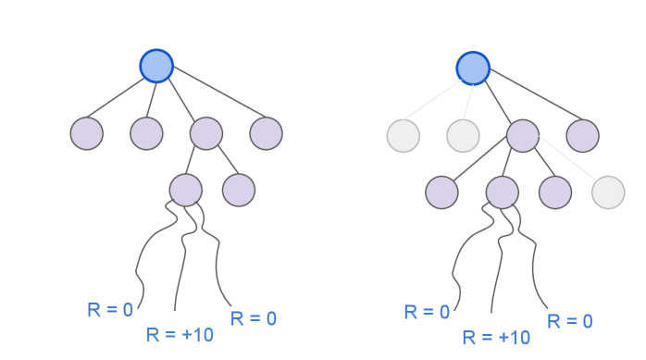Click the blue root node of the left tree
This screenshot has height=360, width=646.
pos(156,66)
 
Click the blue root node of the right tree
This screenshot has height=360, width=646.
pos(472,68)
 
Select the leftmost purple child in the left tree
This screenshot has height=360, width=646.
pos(87,133)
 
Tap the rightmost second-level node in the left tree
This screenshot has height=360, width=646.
pos(266,133)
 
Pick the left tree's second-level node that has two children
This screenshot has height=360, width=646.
pos(205,133)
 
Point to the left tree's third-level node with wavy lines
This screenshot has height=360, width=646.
pos(185,190)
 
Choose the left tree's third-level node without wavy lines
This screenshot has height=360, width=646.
pos(238,190)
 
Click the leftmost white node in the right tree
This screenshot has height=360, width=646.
pos(403,136)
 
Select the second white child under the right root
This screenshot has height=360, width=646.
pos(462,136)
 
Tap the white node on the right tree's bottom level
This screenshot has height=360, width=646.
pos(608,192)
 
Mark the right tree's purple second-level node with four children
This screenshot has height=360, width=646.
pos(522,136)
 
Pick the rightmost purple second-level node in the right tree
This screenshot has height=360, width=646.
pos(582,136)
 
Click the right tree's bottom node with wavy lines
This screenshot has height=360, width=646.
pos(502,192)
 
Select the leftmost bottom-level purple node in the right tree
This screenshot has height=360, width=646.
pos(441,192)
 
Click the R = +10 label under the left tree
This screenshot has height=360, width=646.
pos(180,334)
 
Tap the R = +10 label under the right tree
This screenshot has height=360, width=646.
pos(496,337)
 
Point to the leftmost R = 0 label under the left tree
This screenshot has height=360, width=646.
pos(110,310)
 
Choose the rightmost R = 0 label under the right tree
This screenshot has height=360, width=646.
pos(569,321)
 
